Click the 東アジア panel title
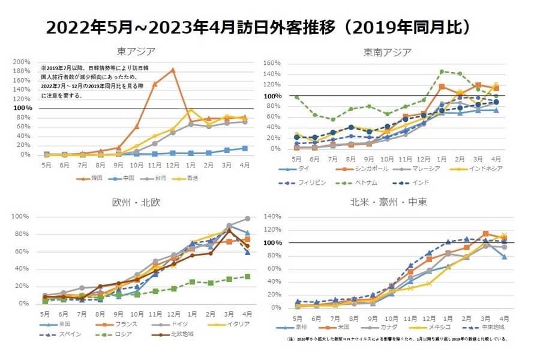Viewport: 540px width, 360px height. click(137, 51)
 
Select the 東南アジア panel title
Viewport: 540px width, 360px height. click(388, 52)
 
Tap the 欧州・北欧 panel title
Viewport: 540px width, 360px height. click(138, 202)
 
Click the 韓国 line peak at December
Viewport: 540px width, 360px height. click(173, 70)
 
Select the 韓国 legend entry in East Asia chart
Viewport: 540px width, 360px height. click(91, 178)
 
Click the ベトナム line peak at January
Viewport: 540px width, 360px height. click(442, 71)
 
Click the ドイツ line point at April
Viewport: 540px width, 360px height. click(247, 218)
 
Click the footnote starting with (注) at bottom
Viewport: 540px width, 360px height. click(397, 339)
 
